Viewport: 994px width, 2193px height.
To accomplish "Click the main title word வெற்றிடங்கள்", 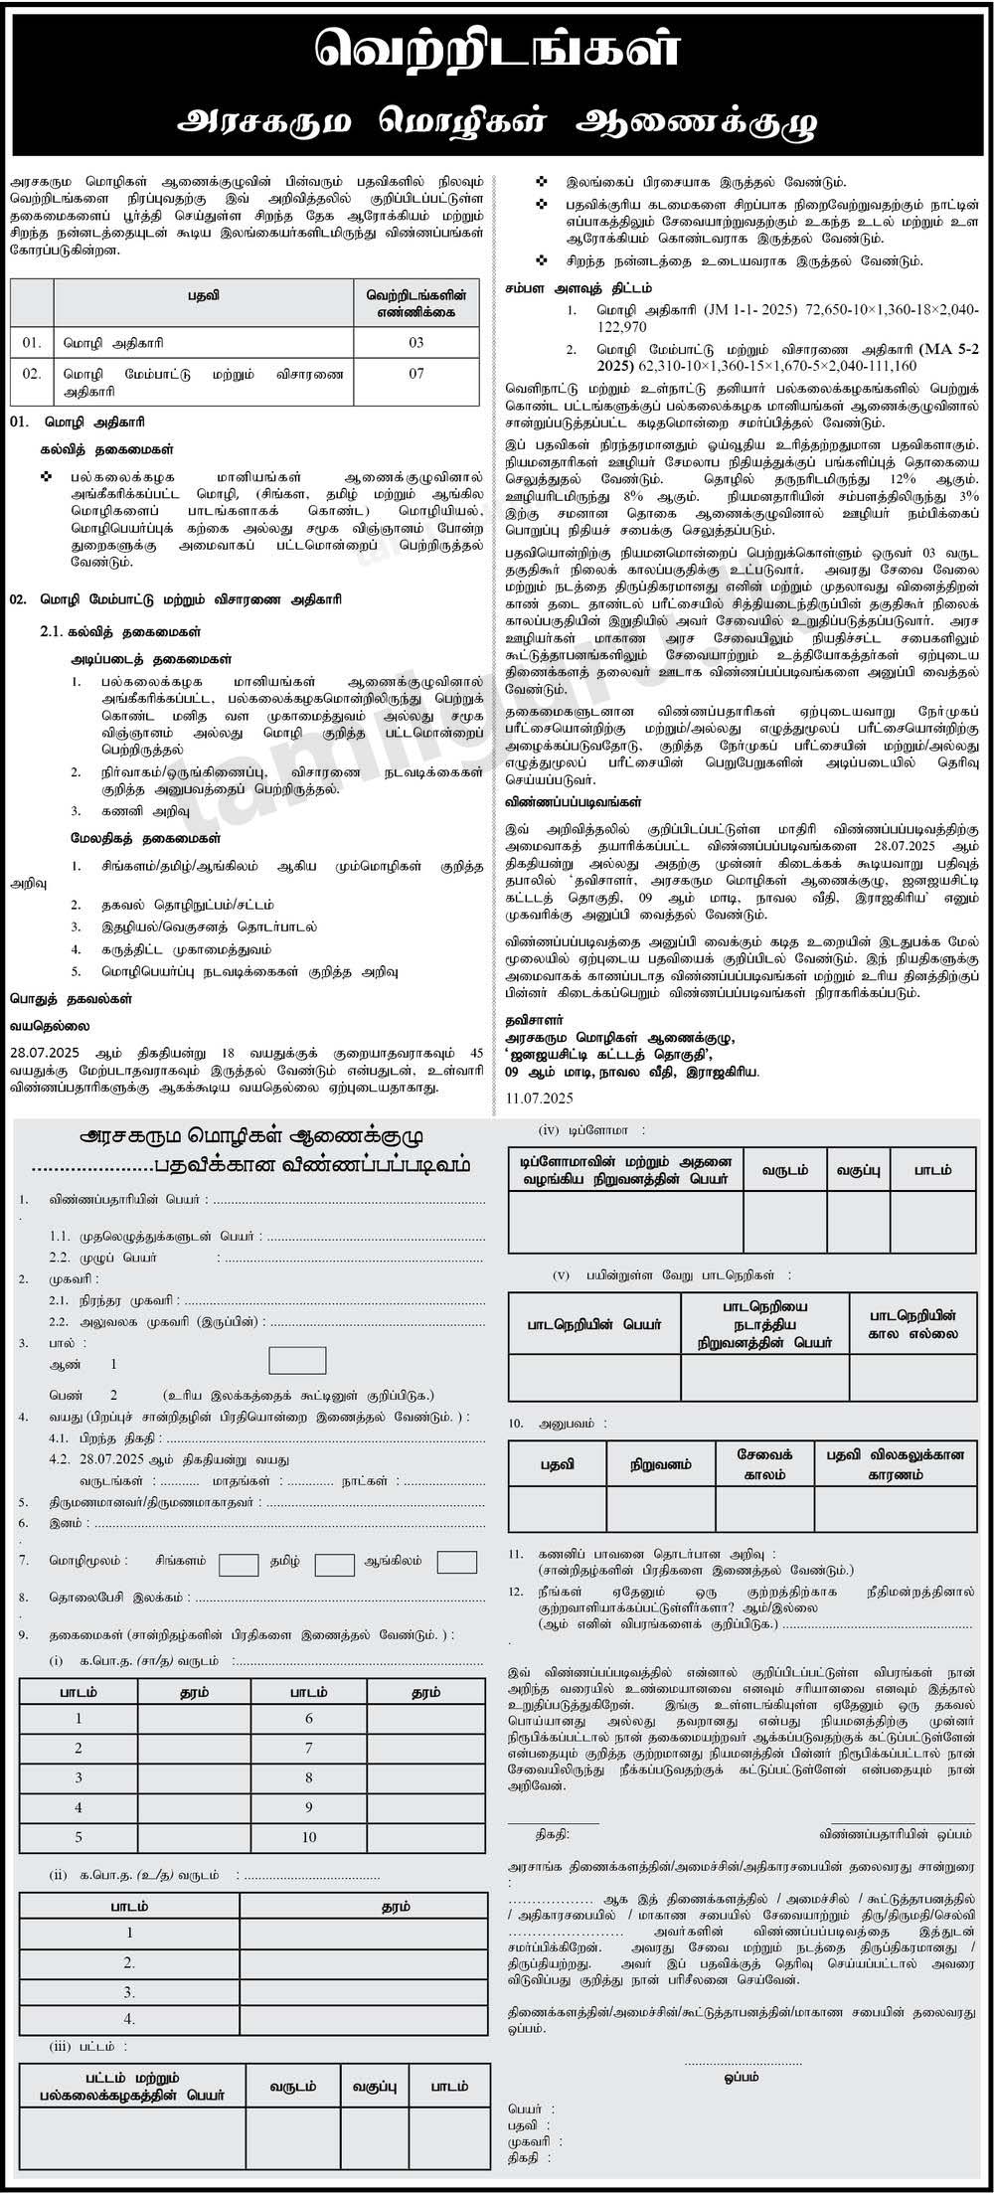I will click(x=496, y=49).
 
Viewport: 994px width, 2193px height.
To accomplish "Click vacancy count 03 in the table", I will click(x=415, y=342).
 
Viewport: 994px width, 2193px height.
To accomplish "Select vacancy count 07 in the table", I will click(x=415, y=374).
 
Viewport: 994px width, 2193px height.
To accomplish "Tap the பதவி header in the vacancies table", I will click(x=202, y=296).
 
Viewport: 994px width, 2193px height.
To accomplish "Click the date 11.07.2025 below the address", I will click(x=539, y=1097).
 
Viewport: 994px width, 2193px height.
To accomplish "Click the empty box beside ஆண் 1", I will click(x=297, y=1361).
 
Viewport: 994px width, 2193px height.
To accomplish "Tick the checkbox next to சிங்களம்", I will click(x=239, y=1563).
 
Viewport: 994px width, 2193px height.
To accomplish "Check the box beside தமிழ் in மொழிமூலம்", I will click(x=334, y=1563).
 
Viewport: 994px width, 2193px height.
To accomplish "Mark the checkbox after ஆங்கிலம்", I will click(x=457, y=1562).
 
